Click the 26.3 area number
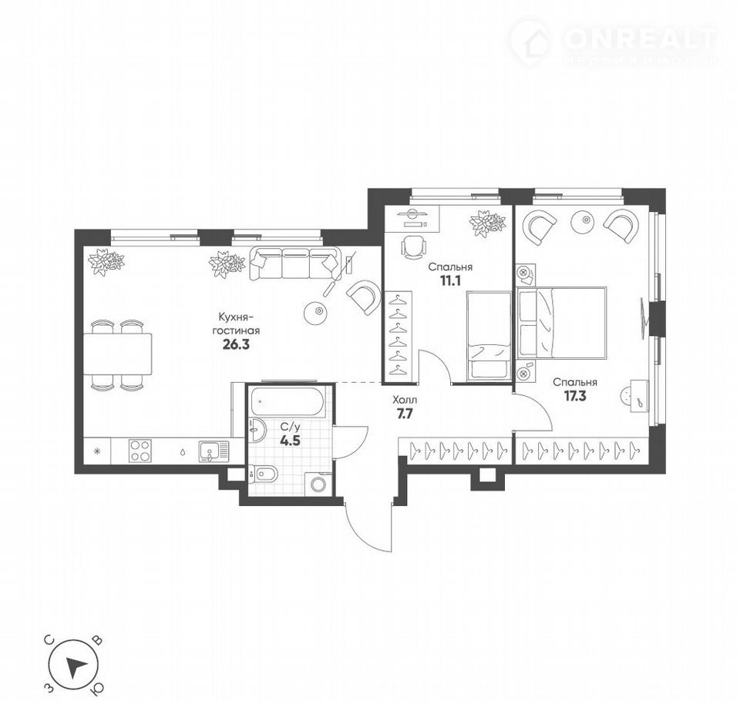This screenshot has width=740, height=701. point(236,344)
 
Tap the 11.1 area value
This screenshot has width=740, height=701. point(450,281)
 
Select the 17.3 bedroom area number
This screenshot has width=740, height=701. point(575,396)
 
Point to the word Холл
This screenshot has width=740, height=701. point(405,401)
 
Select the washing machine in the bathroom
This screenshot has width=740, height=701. point(319,484)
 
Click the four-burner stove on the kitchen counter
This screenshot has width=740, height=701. point(140,450)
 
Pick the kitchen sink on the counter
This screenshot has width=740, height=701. point(213,451)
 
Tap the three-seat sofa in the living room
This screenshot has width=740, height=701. point(294,263)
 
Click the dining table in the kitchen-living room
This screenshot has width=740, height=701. point(117,354)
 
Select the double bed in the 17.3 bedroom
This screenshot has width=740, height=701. point(562,322)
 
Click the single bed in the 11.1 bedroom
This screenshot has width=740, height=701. point(489,335)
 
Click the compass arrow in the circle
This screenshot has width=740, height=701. point(76,666)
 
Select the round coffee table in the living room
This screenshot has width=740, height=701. point(317,312)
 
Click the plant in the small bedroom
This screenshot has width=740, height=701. point(487,223)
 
